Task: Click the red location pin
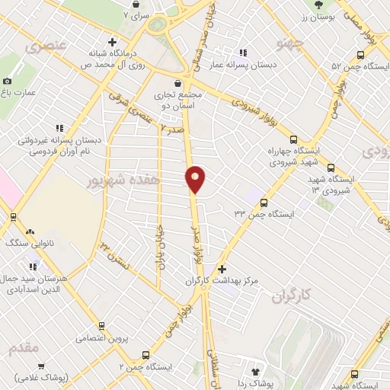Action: pyautogui.click(x=196, y=180)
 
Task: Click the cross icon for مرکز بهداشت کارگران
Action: pyautogui.click(x=222, y=269)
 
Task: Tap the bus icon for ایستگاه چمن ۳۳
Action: pyautogui.click(x=264, y=203)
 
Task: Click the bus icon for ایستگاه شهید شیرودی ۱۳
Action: pyautogui.click(x=331, y=168)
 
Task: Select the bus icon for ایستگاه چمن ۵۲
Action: pyautogui.click(x=363, y=54)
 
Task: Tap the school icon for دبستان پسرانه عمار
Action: pyautogui.click(x=243, y=53)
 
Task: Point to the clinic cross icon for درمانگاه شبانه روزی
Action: pyautogui.click(x=112, y=42)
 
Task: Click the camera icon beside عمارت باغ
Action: pyautogui.click(x=8, y=81)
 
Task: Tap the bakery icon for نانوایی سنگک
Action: pyautogui.click(x=30, y=231)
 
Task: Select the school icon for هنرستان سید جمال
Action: pyautogui.click(x=34, y=267)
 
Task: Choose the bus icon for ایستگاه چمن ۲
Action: pyautogui.click(x=147, y=354)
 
